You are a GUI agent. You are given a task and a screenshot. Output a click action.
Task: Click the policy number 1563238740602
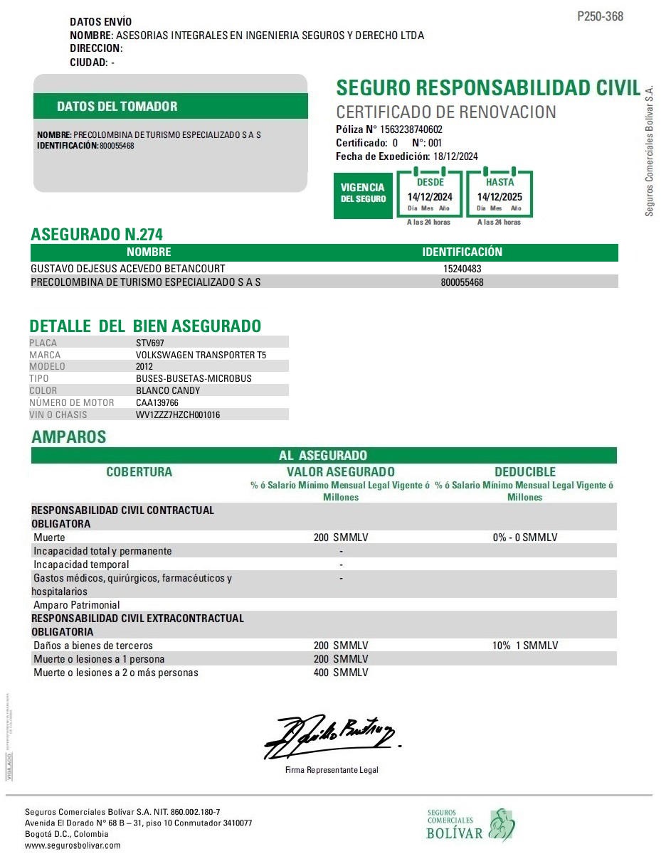click(411, 129)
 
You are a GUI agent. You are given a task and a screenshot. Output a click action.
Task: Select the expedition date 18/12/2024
click(455, 156)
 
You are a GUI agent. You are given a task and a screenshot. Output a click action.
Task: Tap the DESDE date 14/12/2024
click(430, 197)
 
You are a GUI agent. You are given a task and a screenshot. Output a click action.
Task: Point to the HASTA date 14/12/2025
click(499, 197)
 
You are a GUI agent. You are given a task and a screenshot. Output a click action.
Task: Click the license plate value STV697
click(149, 343)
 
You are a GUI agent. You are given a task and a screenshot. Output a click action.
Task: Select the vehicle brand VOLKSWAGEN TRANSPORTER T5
click(201, 355)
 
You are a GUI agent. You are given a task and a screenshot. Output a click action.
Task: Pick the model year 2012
click(144, 367)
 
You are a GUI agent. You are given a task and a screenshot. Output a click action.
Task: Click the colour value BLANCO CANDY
click(168, 390)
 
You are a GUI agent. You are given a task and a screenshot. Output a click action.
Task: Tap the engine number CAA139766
click(157, 402)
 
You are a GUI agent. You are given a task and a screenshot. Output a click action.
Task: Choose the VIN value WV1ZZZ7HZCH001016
click(178, 414)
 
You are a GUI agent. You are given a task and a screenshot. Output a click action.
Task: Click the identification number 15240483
click(462, 269)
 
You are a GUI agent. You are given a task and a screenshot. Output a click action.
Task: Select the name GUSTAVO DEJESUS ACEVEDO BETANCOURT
click(128, 269)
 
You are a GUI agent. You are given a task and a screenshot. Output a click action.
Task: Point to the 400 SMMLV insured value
click(341, 673)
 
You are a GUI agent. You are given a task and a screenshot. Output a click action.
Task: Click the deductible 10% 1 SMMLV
click(525, 646)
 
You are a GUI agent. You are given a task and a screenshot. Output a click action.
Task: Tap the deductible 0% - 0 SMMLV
click(525, 537)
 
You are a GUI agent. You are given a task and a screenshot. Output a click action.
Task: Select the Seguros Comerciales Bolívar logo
click(470, 825)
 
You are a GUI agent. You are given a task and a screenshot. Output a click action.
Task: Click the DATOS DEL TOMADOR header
click(117, 107)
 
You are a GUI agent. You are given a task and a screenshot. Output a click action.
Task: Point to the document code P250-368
click(600, 16)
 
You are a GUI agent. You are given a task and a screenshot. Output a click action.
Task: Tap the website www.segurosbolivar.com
click(73, 845)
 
